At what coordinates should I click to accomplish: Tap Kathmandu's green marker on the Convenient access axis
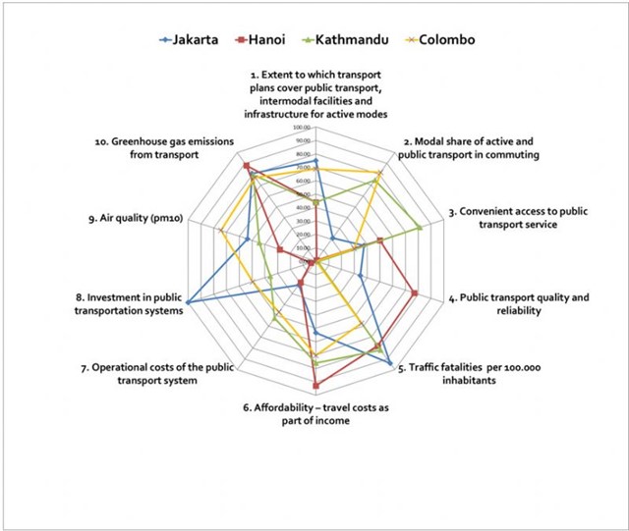[420, 228]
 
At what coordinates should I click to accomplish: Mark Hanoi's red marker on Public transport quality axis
[416, 293]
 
